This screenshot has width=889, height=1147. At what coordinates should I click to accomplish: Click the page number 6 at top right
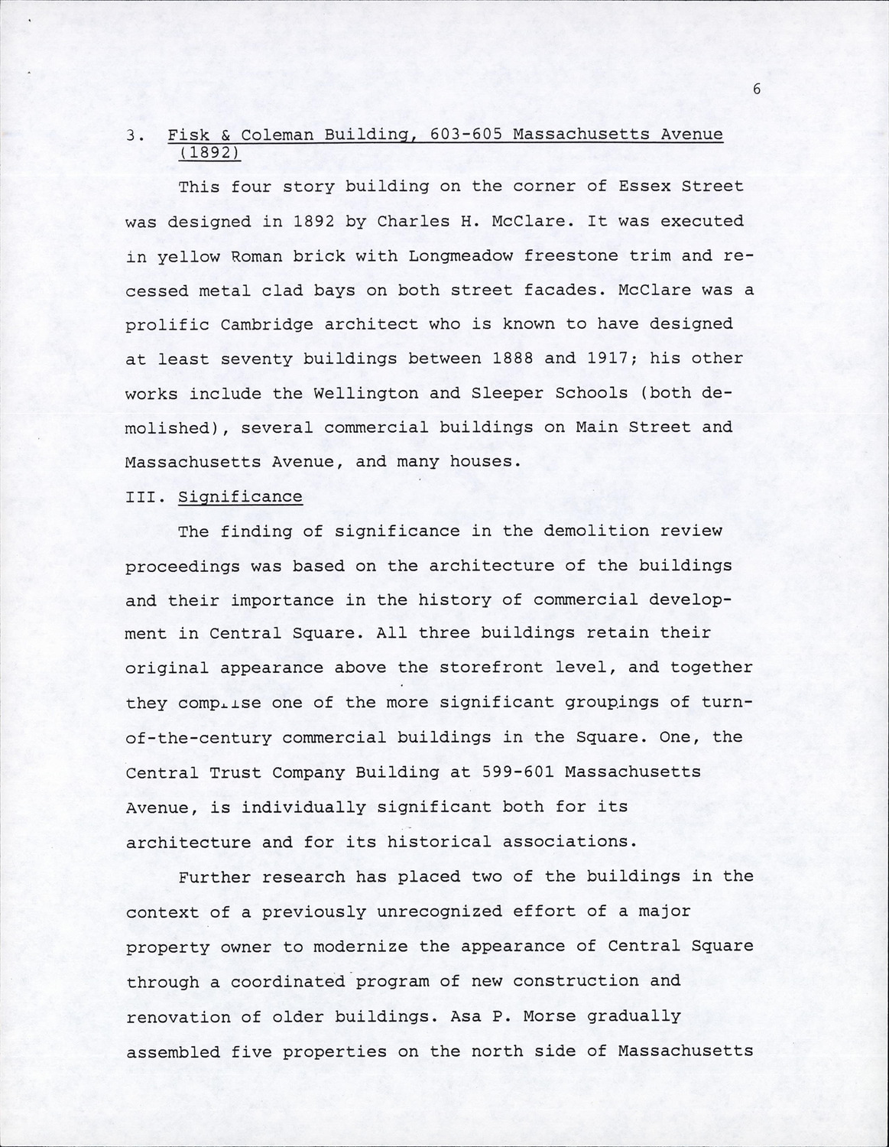[756, 89]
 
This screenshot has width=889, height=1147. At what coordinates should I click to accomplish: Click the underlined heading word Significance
[240, 497]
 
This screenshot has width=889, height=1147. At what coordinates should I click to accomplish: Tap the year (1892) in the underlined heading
[210, 152]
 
